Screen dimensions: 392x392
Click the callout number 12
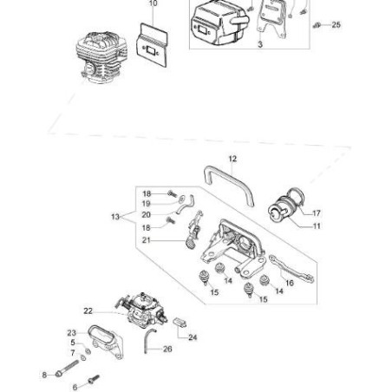click(232, 159)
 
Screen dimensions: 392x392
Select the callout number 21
click(147, 240)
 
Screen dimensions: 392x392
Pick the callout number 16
click(289, 282)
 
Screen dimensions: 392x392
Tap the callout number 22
click(88, 310)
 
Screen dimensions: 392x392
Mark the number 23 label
click(71, 331)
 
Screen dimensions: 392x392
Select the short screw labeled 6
click(91, 379)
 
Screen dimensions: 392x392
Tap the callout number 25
click(336, 24)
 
